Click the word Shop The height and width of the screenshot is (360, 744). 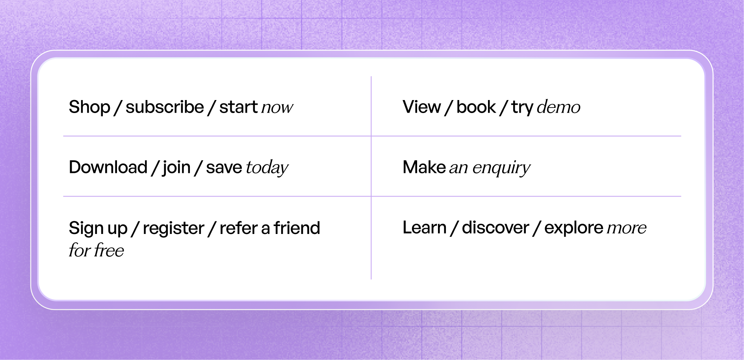click(x=89, y=107)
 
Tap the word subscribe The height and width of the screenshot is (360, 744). click(x=165, y=107)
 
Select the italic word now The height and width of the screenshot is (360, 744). click(x=277, y=108)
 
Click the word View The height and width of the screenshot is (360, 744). click(x=421, y=107)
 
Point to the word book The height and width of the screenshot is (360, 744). click(x=476, y=107)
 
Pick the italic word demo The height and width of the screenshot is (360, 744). click(x=558, y=108)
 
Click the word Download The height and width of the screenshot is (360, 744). click(x=108, y=167)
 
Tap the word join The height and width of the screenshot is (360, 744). click(x=176, y=168)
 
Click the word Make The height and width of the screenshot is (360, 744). click(x=424, y=167)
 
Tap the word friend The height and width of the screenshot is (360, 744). click(x=297, y=228)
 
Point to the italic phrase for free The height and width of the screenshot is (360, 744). click(x=96, y=251)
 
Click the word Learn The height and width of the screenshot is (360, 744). click(x=424, y=228)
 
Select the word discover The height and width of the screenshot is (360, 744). click(x=495, y=228)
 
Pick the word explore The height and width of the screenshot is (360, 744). click(x=573, y=228)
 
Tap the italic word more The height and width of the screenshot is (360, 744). click(x=627, y=228)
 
